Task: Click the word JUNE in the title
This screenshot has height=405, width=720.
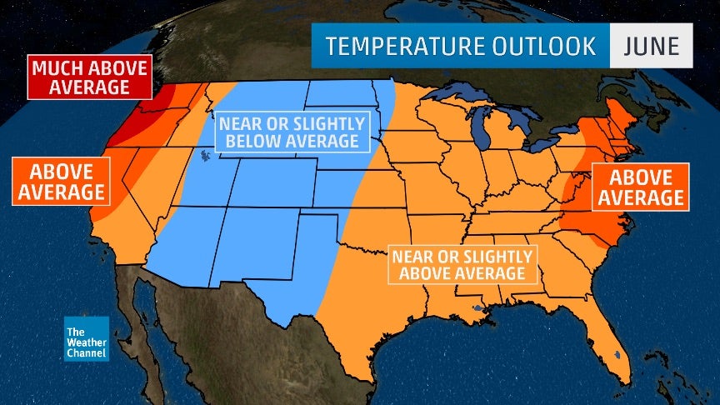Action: [x=652, y=45]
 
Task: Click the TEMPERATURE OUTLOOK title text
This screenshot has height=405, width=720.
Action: [x=461, y=45]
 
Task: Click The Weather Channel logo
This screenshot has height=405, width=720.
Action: [x=87, y=338]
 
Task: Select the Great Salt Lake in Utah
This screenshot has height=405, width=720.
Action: [x=203, y=155]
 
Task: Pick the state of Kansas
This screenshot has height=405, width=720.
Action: [x=354, y=196]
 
